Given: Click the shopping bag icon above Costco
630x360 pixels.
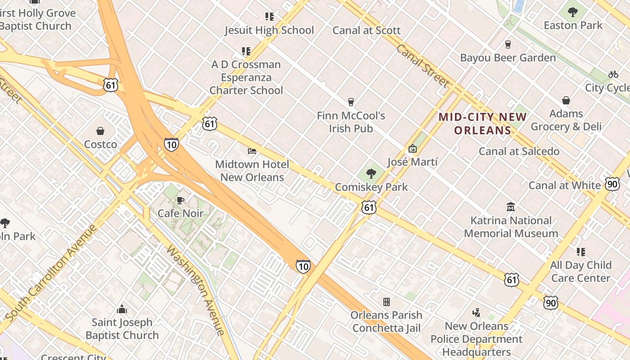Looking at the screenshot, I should pos(100,131).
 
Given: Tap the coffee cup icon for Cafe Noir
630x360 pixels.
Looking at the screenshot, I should pos(180,200).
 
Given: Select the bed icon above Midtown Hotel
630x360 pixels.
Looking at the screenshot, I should pos(252,151).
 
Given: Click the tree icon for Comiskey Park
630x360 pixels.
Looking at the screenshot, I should pos(371,174).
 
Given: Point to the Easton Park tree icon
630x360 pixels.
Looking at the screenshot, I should pos(573,12).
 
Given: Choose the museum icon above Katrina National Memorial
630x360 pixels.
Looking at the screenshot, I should pos(511,207).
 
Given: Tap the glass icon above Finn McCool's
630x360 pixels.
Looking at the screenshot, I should pos(351,102).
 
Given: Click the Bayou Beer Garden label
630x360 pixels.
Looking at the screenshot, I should pos(508,58).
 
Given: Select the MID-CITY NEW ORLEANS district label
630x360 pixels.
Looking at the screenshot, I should pos(482,124).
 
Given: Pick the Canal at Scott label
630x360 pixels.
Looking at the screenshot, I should pos(366,30).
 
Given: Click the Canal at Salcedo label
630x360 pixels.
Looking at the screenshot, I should pos(519,151).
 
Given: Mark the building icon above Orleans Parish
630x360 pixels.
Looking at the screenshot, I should pos(386,301).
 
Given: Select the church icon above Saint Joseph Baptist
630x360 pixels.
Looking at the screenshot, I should pos(121,309).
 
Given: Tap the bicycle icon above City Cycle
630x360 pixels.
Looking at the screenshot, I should pos(613,74).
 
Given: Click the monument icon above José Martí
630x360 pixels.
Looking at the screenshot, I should pos(412,148).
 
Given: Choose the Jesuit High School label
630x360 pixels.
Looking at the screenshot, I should pos(269,30).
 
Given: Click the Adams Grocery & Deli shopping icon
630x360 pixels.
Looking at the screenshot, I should pos(566,100).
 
